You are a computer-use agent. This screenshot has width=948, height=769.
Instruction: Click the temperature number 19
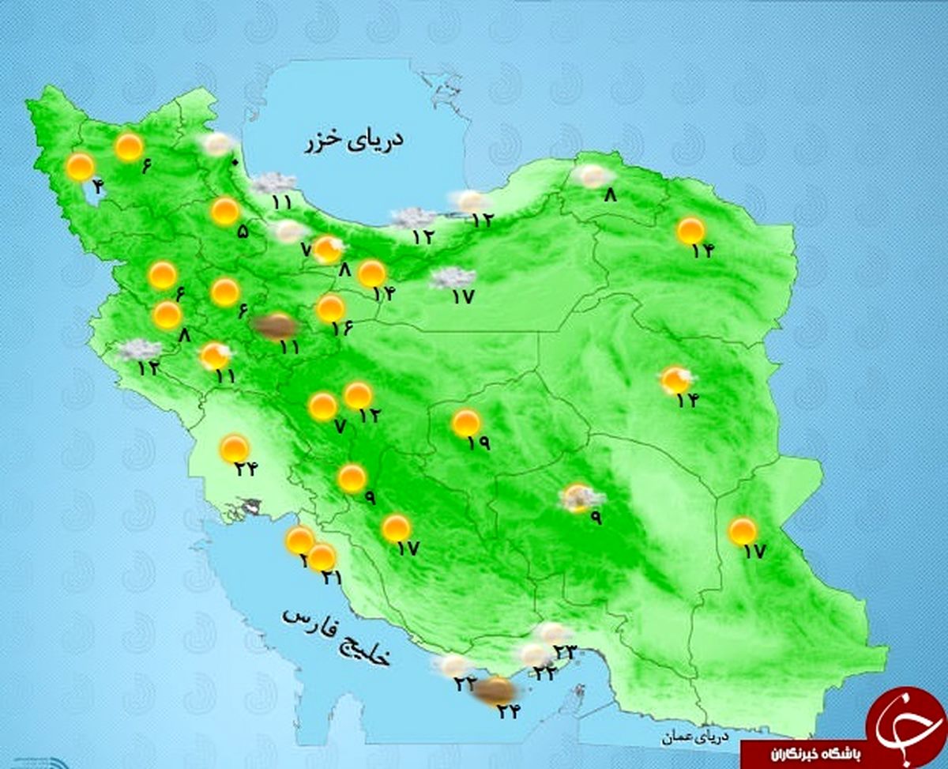click(478, 443)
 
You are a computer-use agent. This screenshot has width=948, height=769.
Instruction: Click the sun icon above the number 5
click(225, 211)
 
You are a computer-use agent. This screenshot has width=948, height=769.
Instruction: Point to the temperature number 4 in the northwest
click(97, 187)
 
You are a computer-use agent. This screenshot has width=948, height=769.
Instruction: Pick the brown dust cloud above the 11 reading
click(273, 325)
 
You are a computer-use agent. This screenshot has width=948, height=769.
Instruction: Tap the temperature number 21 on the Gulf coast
click(331, 578)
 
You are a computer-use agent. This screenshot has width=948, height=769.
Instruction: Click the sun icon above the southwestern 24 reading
click(235, 448)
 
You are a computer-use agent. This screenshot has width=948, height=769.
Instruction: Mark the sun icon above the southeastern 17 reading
click(742, 531)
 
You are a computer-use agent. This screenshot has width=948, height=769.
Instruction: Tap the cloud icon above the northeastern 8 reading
click(593, 175)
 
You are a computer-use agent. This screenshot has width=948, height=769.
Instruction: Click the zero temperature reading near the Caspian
click(233, 164)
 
